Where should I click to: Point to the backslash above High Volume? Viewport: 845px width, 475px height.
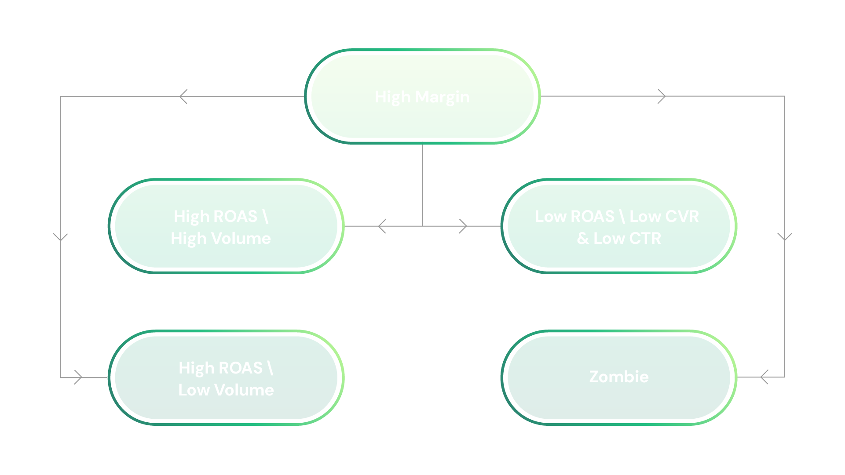[x=265, y=217]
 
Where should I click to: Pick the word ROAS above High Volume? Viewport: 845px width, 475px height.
[x=235, y=217]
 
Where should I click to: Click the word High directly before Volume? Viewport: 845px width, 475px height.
[x=189, y=239]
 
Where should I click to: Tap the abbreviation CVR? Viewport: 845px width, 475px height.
[x=682, y=217]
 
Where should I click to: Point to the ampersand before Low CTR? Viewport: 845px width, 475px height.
[x=583, y=239]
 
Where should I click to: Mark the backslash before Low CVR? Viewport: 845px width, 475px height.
[x=622, y=217]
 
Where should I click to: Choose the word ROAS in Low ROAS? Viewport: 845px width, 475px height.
[x=592, y=217]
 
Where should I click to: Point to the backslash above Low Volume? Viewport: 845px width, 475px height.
[x=270, y=368]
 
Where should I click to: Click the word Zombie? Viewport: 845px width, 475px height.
[x=619, y=377]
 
